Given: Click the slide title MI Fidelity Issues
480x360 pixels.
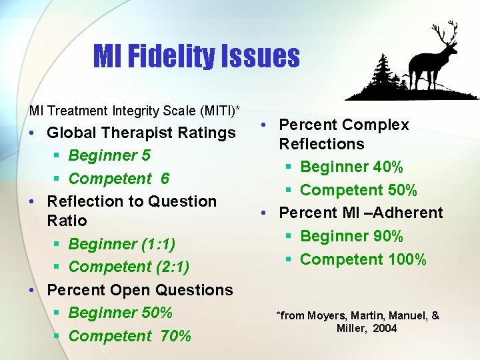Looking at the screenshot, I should pyautogui.click(x=196, y=56).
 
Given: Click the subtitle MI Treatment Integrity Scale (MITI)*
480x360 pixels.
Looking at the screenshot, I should pyautogui.click(x=134, y=109).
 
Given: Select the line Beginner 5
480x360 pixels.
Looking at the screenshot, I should pyautogui.click(x=109, y=155).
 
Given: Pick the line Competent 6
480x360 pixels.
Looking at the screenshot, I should pyautogui.click(x=119, y=179).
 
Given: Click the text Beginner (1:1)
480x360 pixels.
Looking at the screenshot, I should pyautogui.click(x=122, y=244).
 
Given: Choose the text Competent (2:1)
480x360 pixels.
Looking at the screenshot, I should pyautogui.click(x=129, y=267).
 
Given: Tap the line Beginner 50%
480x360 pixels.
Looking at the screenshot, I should pyautogui.click(x=121, y=313).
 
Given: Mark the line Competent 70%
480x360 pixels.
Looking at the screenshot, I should pyautogui.click(x=130, y=336).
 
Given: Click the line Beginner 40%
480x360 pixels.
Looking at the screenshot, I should pyautogui.click(x=351, y=167).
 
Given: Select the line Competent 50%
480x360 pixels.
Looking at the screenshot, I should pyautogui.click(x=359, y=190).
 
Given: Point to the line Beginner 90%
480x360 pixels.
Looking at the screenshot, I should pyautogui.click(x=351, y=236).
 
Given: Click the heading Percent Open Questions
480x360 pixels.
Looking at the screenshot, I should pyautogui.click(x=140, y=290).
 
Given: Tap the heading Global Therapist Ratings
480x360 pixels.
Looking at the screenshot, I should pyautogui.click(x=141, y=133).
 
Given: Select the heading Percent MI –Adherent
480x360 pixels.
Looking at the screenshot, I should pyautogui.click(x=361, y=213).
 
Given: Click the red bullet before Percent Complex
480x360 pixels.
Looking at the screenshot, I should pyautogui.click(x=265, y=125).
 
